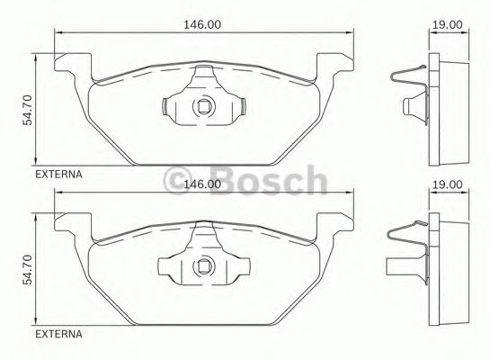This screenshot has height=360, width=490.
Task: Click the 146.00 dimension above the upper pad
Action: pyautogui.click(x=202, y=25)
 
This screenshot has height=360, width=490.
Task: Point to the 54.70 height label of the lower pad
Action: pyautogui.click(x=28, y=267)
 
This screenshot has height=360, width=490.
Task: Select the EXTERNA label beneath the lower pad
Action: pyautogui.click(x=58, y=334)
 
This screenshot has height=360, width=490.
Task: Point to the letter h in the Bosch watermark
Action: pyautogui.click(x=315, y=180)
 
